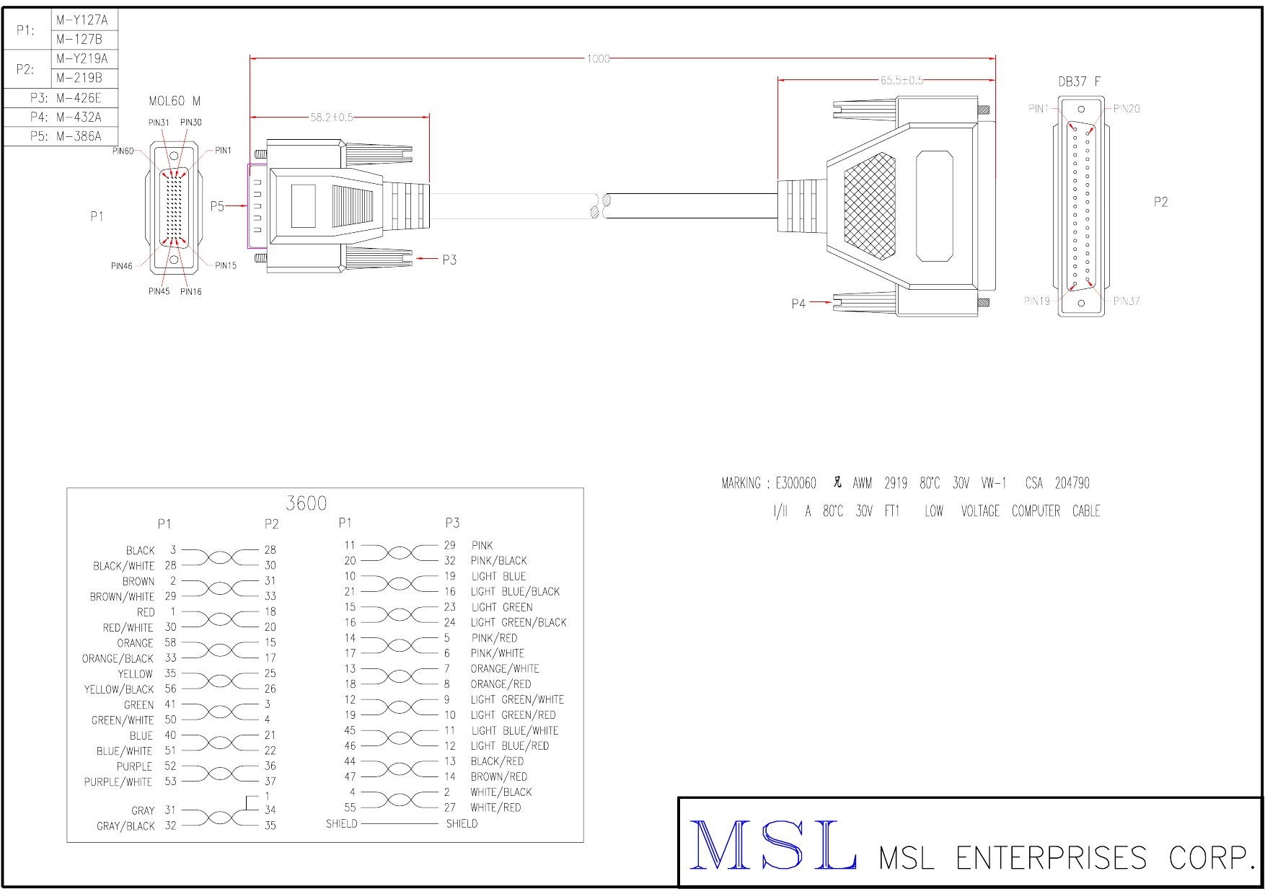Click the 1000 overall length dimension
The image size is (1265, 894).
[x=598, y=58]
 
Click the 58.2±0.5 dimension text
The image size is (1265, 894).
[x=332, y=117]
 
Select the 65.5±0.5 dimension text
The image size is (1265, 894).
[x=902, y=80]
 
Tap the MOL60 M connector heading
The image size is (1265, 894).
[x=175, y=101]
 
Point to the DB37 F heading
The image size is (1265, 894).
[x=1079, y=81]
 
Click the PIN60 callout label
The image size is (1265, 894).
[x=123, y=151]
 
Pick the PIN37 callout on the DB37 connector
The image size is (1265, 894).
[x=1126, y=301]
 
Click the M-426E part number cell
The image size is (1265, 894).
[x=79, y=98]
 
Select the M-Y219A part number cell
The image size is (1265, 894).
[x=81, y=58]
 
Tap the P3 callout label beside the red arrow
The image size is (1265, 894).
[x=449, y=260]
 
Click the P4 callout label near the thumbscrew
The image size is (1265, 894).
[x=798, y=304]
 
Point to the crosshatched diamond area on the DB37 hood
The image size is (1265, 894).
[x=870, y=205]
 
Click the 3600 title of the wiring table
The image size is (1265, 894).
[x=306, y=503]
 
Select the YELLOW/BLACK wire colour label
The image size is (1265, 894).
[x=119, y=689]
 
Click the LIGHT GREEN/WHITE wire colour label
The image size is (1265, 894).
[x=517, y=699]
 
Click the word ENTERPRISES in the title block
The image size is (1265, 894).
[x=1051, y=858]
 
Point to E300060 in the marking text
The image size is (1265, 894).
[x=795, y=483]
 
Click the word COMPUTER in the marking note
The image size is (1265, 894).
[x=1036, y=511]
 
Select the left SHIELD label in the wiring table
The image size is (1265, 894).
[x=341, y=823]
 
